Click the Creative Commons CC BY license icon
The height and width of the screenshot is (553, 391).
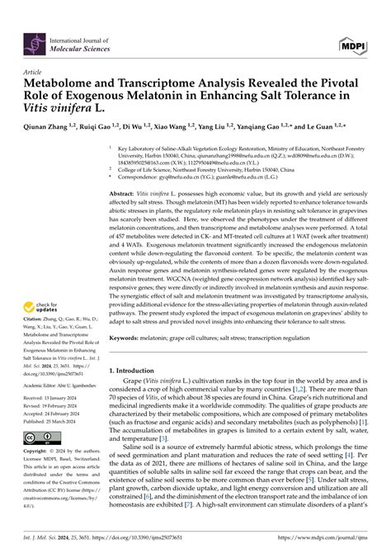pos(42,437)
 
